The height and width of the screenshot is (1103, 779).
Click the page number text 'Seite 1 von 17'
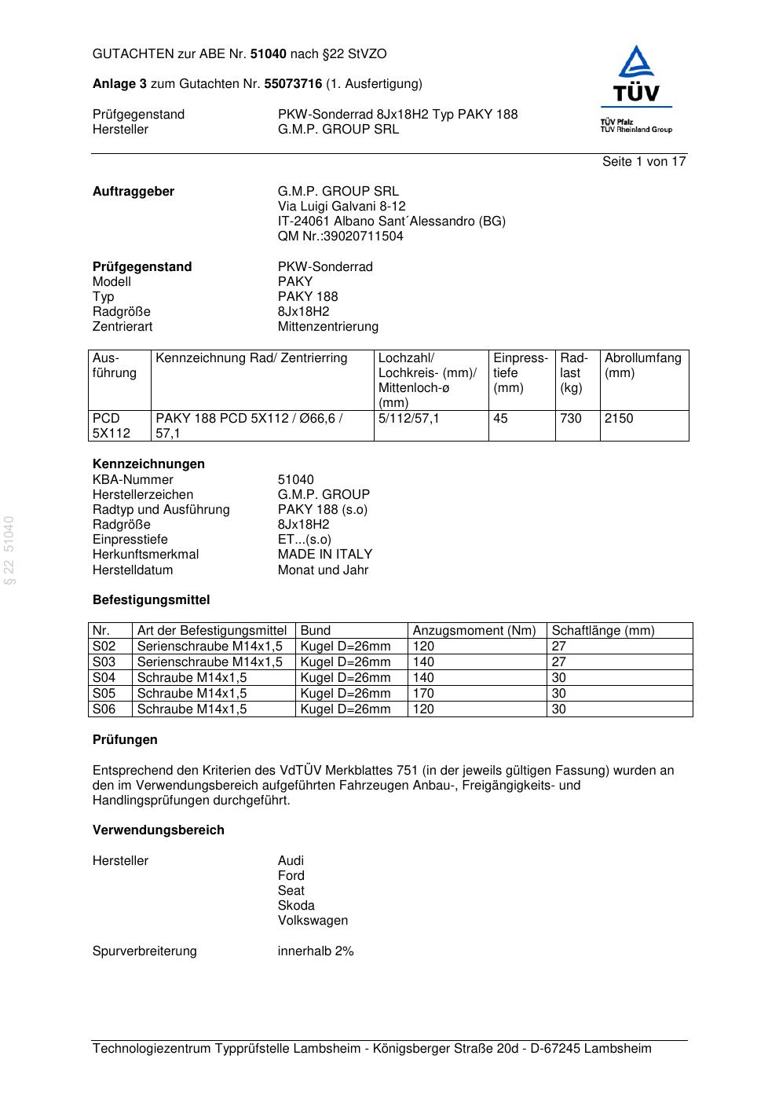[644, 162]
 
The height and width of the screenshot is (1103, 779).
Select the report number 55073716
[293, 84]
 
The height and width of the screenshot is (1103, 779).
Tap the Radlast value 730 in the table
[571, 419]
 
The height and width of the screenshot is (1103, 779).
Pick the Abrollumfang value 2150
[618, 419]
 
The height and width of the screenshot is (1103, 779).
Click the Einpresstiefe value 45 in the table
[500, 419]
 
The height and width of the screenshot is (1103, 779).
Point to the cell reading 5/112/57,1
[408, 419]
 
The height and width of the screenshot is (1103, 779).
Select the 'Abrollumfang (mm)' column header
[642, 365]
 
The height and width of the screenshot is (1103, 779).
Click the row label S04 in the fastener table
[104, 678]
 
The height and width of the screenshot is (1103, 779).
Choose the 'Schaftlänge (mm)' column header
[602, 631]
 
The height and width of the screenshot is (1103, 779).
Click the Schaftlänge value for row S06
[558, 709]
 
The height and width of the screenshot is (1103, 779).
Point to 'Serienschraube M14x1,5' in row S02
[210, 647]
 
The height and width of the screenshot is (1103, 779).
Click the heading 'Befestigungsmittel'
[151, 600]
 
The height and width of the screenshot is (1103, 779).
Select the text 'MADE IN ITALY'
[324, 555]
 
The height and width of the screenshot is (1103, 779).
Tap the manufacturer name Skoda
[296, 906]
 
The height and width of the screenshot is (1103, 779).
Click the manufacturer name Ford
[291, 876]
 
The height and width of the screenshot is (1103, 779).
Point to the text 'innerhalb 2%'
[316, 951]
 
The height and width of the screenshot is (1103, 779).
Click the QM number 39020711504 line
[340, 236]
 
